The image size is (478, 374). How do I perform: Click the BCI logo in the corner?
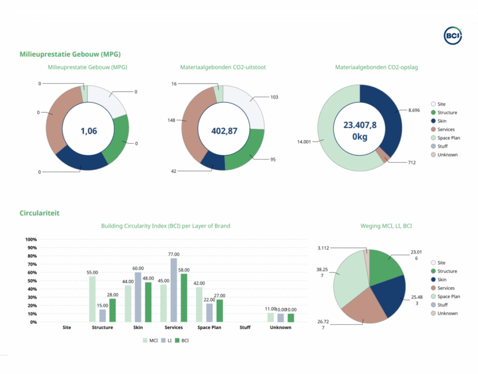452,35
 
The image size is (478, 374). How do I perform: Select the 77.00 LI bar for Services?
174,290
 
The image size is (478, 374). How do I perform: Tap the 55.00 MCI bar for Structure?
92,299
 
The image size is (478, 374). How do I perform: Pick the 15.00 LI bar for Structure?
102,316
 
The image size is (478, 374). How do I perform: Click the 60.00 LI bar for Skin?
138,297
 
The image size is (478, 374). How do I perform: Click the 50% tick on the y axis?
32,281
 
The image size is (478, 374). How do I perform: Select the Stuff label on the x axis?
245,328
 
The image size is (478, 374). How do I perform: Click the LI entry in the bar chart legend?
163,341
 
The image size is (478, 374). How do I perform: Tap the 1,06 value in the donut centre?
89,131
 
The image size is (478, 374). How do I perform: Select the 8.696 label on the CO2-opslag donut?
414,110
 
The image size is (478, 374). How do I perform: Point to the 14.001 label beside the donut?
304,141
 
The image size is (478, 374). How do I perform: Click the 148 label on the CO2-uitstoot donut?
171,120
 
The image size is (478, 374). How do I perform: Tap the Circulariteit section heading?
39,213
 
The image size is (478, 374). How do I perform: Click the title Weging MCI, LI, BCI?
386,226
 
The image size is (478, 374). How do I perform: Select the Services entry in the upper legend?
446,129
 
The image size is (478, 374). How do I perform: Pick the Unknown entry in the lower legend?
447,313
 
